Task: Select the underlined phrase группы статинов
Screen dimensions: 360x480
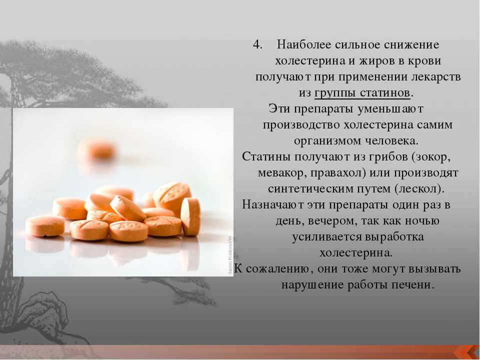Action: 362,93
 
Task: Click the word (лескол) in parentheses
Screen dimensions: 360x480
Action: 418,189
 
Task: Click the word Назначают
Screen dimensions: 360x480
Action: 271,205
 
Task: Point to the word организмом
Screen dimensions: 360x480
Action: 327,141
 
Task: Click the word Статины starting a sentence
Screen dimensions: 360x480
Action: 266,157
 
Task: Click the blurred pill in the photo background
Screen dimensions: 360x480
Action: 96,149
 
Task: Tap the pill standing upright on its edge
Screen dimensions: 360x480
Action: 190,216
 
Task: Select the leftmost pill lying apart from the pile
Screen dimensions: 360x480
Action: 45,226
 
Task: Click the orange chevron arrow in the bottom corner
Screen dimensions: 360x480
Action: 467,352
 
